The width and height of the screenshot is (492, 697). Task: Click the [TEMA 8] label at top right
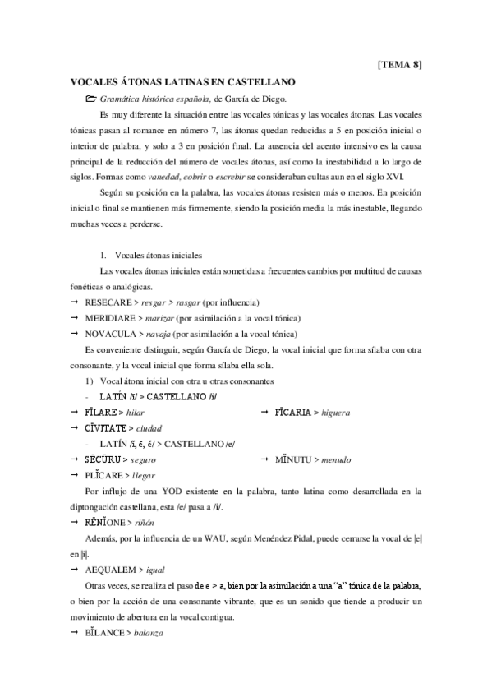(400, 63)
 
